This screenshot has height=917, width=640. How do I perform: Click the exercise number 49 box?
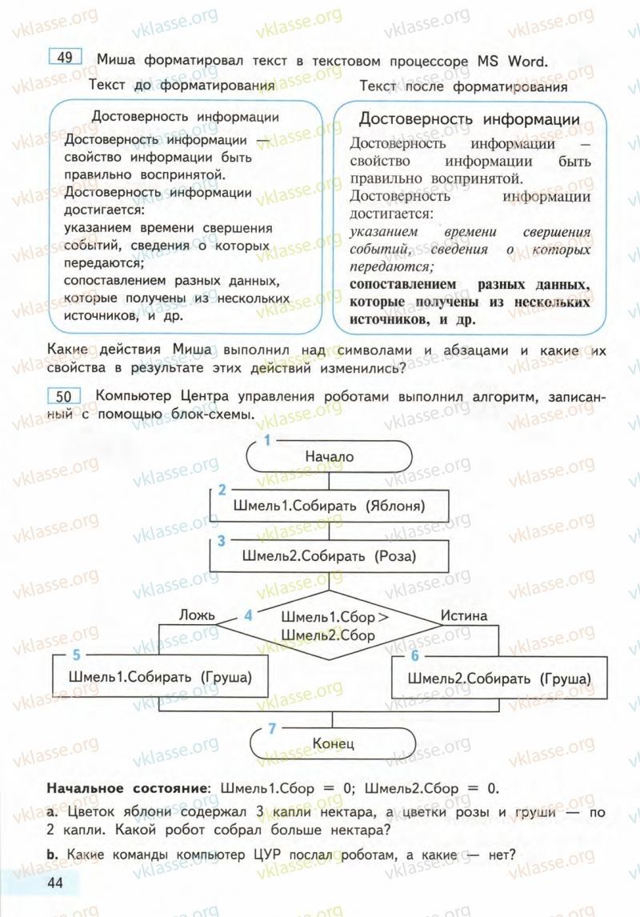66,58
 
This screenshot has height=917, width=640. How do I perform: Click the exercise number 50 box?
66,396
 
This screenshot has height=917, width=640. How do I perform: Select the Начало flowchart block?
329,456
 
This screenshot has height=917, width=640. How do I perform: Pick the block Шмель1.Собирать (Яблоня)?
329,506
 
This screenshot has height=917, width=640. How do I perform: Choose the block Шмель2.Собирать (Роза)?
329,555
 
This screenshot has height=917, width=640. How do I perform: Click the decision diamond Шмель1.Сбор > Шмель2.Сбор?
329,626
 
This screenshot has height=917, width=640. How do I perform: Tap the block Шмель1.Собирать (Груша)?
160,677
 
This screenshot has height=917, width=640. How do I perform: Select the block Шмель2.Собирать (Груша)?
499,679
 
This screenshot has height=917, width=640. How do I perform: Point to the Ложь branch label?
197,615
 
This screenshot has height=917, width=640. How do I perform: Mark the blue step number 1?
268,439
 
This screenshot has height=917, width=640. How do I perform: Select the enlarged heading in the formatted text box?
469,119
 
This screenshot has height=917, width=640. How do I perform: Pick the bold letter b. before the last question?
52,854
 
